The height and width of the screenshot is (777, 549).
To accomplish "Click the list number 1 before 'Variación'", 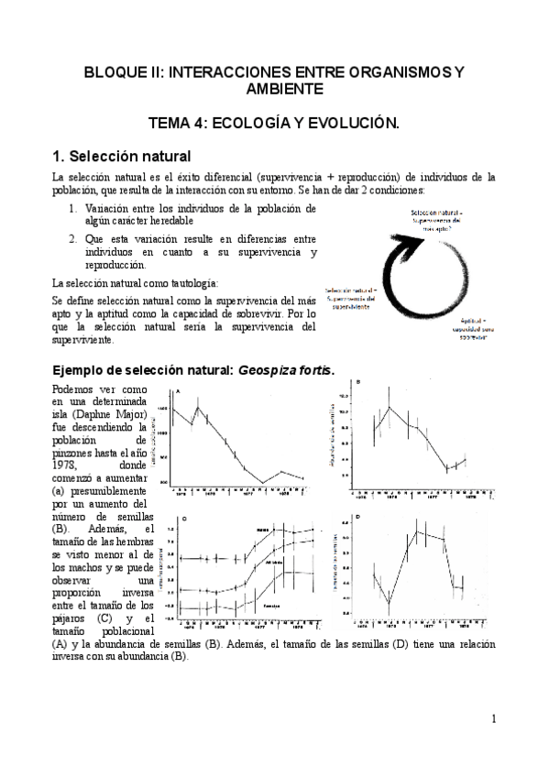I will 72,208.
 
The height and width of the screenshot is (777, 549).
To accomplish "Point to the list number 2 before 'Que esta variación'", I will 72,237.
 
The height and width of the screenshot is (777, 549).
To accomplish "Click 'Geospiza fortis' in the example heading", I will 286,369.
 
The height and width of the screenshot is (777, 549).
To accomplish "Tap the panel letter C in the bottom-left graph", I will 186,520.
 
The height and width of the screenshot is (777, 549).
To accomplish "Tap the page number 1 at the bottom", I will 492,718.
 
